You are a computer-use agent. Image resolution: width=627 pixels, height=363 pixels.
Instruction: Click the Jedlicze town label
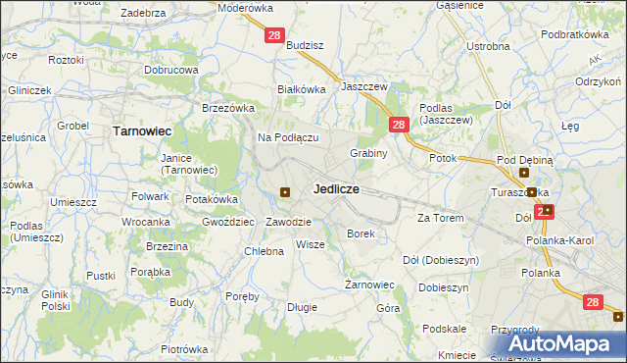335,188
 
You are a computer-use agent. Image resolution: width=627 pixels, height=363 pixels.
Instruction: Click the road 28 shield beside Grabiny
398,125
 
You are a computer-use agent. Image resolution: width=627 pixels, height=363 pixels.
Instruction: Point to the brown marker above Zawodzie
285,192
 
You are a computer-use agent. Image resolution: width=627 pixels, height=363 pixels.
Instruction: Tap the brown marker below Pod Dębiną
531,192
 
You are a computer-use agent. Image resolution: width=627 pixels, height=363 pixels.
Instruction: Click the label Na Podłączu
288,137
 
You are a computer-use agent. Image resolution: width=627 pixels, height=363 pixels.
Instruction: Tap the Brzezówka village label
228,108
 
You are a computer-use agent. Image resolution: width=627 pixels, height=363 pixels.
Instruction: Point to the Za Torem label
440,217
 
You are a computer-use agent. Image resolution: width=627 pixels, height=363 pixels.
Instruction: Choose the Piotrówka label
185,348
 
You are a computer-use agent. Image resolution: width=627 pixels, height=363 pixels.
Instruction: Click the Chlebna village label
264,251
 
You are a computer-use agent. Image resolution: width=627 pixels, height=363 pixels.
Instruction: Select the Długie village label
302,307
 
